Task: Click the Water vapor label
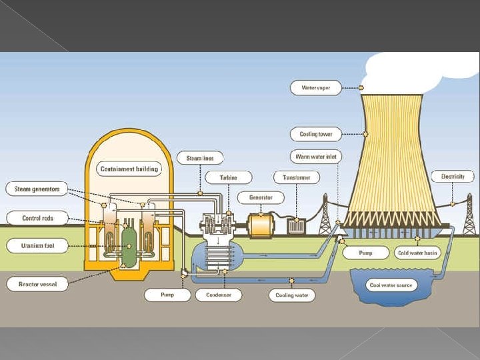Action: pyautogui.click(x=316, y=87)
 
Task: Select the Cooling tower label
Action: pyautogui.click(x=316, y=134)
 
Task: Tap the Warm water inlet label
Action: pyautogui.click(x=317, y=157)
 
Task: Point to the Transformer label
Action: pyautogui.click(x=297, y=177)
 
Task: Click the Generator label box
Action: pyautogui.click(x=260, y=198)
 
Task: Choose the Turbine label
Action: pyautogui.click(x=228, y=177)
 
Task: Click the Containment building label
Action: pyautogui.click(x=129, y=169)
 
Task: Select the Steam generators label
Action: pyautogui.click(x=37, y=189)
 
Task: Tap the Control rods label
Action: pyautogui.click(x=37, y=218)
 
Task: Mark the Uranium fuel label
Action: pyautogui.click(x=37, y=245)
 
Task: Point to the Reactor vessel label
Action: pyautogui.click(x=37, y=285)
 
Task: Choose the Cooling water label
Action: pyautogui.click(x=292, y=295)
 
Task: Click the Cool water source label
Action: pyautogui.click(x=391, y=285)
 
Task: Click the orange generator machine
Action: pyautogui.click(x=261, y=225)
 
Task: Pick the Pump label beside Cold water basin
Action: pyautogui.click(x=366, y=253)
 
